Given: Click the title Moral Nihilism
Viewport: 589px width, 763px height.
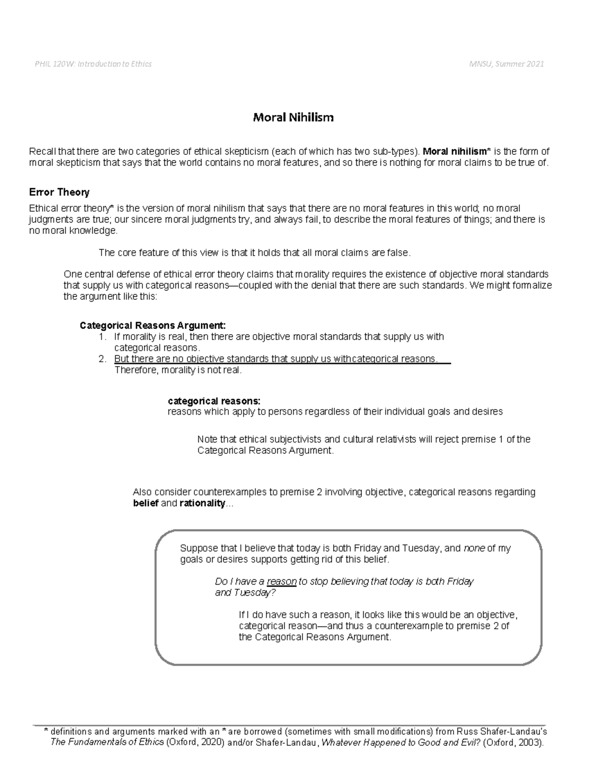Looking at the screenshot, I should coord(293,117).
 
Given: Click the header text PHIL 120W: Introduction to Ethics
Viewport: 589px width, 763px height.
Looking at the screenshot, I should coord(93,64).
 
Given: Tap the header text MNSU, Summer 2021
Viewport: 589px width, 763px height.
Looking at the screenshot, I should coord(506,64).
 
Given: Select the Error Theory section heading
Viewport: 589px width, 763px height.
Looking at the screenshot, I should coord(59,192).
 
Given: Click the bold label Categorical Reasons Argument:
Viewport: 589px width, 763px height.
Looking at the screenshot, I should coord(153,325).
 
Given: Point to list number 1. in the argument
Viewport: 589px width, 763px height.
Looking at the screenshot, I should coord(102,337).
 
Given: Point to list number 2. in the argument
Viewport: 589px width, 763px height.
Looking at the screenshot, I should coord(102,359).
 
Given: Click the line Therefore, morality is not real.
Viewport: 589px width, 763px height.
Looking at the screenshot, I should coord(178,370).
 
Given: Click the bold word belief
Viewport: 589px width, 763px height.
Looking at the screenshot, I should coord(145,504).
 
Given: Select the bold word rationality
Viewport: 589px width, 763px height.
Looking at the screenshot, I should coord(202,504).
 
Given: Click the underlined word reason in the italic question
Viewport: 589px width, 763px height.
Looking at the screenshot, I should coord(282,582).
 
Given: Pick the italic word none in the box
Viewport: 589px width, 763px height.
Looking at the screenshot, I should coord(474,549).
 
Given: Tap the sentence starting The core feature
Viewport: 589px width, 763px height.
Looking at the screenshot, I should coord(254,253).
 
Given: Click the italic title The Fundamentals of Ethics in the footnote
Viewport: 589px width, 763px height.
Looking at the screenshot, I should coord(107,742).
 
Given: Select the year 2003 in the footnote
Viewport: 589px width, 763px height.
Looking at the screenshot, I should coord(530,742).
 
